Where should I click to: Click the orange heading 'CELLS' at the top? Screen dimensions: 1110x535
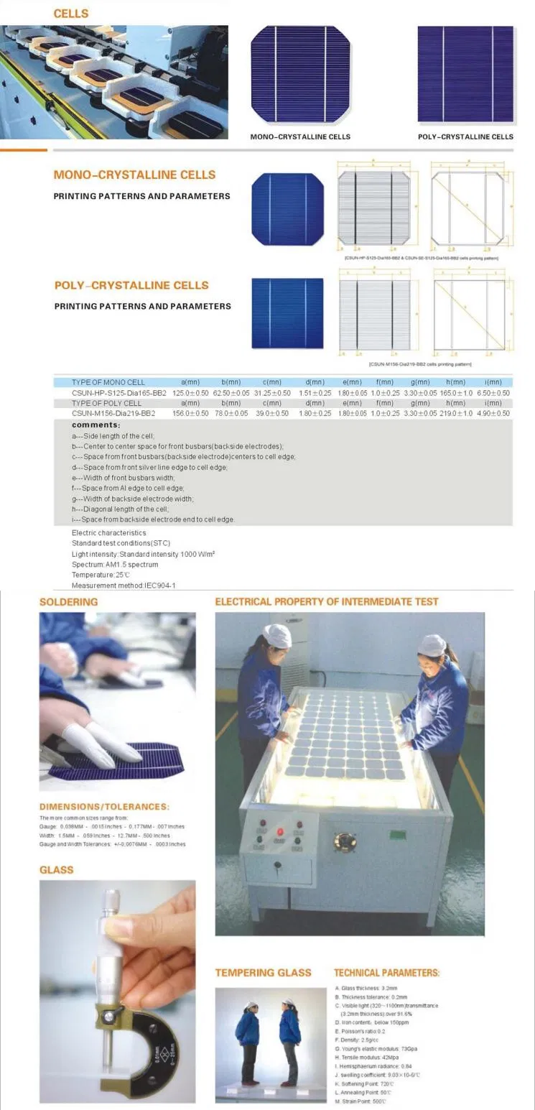tap(71, 13)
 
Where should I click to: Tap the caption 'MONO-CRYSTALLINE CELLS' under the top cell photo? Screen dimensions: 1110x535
tap(300, 137)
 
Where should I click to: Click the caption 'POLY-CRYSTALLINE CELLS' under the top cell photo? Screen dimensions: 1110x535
tap(465, 137)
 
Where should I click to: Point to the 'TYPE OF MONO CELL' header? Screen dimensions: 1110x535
tap(108, 383)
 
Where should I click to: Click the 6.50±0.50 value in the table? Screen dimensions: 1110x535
tap(493, 393)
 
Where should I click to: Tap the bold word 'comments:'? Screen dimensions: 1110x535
tap(96, 425)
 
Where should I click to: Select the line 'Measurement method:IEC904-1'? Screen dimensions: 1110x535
tap(124, 586)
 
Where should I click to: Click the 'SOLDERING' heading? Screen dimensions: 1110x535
tap(69, 602)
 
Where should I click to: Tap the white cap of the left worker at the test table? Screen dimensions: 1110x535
tap(278, 635)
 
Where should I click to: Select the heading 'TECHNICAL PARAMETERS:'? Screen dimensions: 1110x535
tap(386, 973)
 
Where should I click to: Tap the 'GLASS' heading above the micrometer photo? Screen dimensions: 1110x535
tap(57, 870)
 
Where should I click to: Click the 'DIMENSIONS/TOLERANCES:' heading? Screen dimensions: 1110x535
tap(104, 807)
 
